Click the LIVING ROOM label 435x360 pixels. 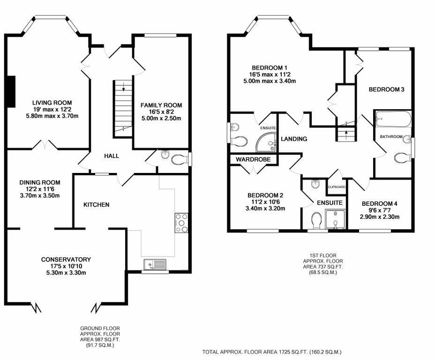[52, 103]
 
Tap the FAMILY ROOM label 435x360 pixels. [161, 105]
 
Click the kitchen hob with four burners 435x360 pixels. [181, 223]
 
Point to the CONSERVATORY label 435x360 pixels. [66, 259]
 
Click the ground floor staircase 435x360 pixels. [122, 108]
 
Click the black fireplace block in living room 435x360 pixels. [12, 91]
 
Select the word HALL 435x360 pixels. [111, 156]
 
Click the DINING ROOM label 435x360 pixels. [40, 182]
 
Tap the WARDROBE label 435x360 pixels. [253, 160]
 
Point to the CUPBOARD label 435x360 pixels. [337, 187]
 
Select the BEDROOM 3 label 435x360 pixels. [386, 90]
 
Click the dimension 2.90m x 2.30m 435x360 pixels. [380, 217]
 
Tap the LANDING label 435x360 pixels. [294, 139]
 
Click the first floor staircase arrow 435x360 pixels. [346, 133]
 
